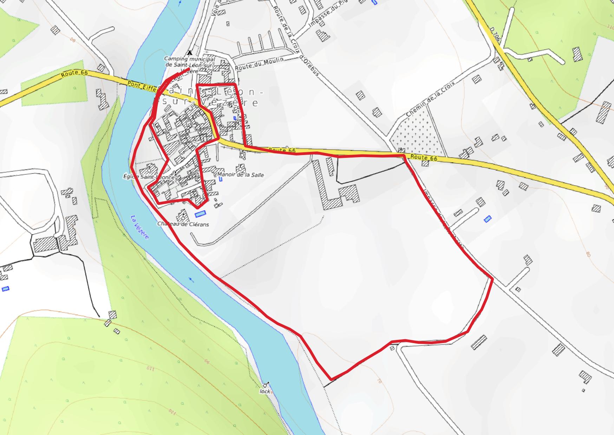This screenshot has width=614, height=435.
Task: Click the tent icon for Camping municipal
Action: tap(190, 53)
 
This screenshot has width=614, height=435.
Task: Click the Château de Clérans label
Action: tap(183, 224)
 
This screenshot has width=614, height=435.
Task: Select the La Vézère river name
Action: tap(140, 227)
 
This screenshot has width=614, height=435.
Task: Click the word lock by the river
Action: tap(264, 391)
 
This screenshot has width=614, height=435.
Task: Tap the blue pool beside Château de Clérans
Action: tap(199, 214)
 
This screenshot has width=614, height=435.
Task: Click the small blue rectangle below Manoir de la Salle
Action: tap(221, 179)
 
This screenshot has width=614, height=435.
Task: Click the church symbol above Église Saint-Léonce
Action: tap(149, 170)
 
